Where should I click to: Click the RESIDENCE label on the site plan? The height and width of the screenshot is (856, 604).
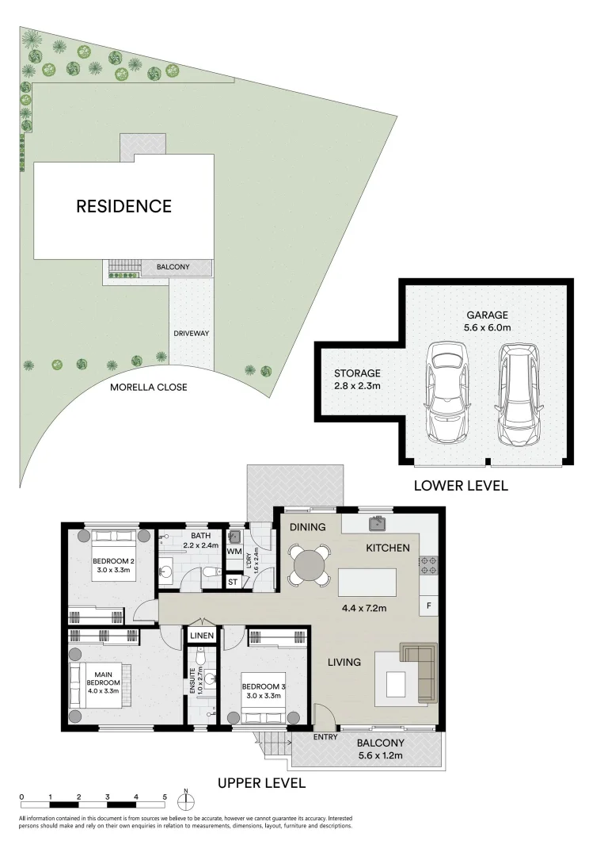(123, 206)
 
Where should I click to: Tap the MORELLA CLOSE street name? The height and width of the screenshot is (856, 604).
(149, 387)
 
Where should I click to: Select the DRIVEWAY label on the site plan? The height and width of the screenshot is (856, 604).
(192, 333)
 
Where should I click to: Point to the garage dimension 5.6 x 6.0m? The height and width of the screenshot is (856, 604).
(486, 327)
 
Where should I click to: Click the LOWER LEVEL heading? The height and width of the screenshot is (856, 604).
(461, 485)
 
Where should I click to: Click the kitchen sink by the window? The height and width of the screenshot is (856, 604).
(378, 523)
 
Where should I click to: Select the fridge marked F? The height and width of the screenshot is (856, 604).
(428, 606)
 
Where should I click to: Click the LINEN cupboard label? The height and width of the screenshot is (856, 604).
(200, 635)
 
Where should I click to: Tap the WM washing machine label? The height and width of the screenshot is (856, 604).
(234, 550)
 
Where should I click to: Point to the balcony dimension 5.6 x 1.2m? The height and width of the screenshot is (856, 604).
(380, 755)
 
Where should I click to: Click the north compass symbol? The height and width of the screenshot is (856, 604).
(185, 797)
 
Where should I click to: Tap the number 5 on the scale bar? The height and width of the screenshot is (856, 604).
(165, 797)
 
